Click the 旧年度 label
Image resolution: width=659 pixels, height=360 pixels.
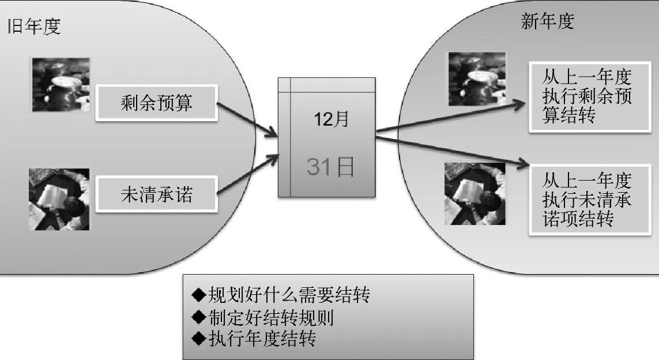[x=33, y=27]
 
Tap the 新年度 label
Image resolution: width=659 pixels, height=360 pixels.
[x=547, y=22]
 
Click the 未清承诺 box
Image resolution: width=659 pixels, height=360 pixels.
[x=157, y=194]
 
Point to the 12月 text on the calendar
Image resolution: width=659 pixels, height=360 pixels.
[x=331, y=119]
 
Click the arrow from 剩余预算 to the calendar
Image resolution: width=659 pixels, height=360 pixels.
[x=247, y=120]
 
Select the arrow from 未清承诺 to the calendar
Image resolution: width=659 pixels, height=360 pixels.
[x=247, y=177]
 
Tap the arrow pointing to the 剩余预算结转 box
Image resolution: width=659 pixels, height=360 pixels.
[x=450, y=117]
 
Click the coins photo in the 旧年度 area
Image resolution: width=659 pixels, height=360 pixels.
[x=61, y=84]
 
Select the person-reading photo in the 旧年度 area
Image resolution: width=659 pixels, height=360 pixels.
[x=59, y=199]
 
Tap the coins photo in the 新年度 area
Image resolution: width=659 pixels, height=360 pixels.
[x=477, y=79]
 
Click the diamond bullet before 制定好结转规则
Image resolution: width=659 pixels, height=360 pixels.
[x=198, y=317]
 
